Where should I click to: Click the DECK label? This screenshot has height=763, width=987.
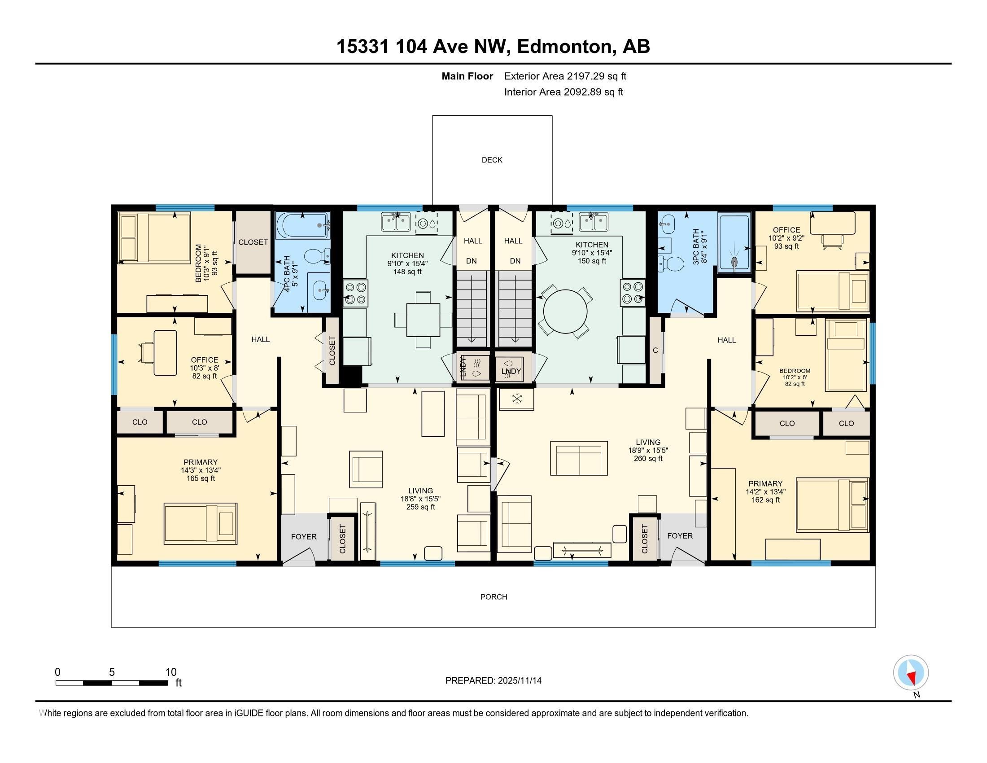point(492,160)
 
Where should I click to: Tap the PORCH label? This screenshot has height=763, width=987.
point(493,596)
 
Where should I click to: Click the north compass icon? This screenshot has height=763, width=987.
point(911,673)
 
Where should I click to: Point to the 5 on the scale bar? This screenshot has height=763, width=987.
point(112,672)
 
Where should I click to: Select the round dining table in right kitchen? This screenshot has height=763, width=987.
point(565,312)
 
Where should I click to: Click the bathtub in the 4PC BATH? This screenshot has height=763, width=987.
point(301,225)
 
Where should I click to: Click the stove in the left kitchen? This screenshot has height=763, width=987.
point(356,293)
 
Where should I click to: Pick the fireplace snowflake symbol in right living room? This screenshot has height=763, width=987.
point(516,399)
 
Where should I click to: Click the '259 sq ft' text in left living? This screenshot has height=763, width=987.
point(420,507)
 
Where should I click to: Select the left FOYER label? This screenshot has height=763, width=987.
point(304,536)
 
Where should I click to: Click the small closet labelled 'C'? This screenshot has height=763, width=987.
point(655,351)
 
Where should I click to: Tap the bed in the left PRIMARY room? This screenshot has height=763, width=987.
point(200,523)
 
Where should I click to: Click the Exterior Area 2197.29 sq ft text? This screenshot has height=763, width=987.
point(565,76)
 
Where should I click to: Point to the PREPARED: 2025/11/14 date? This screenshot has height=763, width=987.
point(493,680)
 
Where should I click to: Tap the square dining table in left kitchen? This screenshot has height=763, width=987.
point(423,320)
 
